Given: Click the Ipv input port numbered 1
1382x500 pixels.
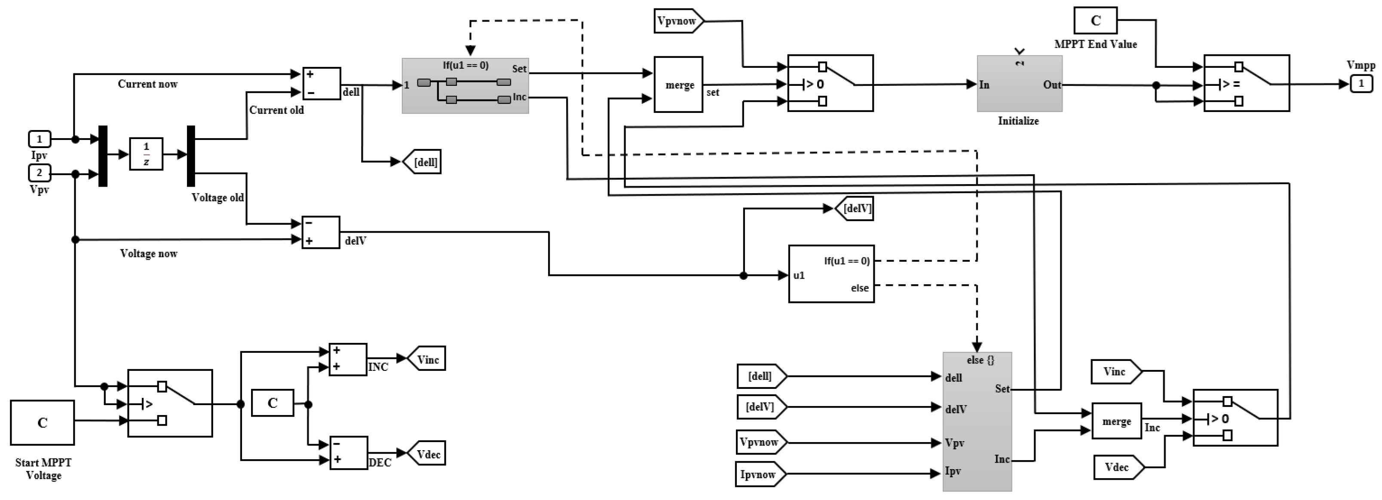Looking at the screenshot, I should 39,139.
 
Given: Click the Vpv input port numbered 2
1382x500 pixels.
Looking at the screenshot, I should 39,173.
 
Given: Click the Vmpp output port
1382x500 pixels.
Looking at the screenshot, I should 1361,84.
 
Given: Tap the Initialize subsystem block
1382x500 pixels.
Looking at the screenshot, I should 1019,84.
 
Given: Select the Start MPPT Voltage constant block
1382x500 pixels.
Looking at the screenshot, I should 43,422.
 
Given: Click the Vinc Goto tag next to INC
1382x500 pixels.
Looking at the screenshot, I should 427,359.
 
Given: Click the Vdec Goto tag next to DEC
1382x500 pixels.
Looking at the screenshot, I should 427,454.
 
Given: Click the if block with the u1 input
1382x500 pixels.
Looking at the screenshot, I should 830,274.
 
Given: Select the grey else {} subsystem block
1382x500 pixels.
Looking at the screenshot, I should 977,421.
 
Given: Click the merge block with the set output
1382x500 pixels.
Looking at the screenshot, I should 678,85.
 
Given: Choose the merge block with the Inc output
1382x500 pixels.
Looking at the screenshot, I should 1116,421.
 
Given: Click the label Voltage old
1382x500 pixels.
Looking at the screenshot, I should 217,198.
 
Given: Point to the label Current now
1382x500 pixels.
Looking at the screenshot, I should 147,84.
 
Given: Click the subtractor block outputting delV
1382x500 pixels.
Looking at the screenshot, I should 321,232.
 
